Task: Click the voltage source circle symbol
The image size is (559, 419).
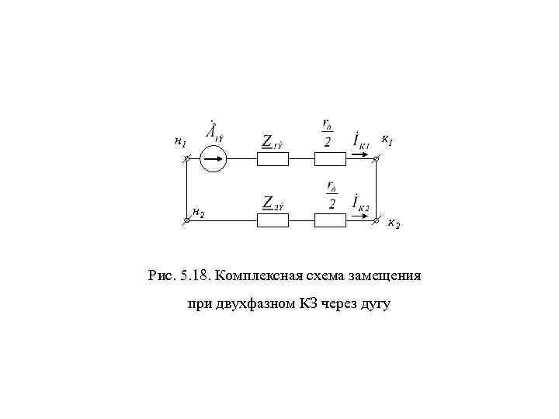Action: [x=212, y=160]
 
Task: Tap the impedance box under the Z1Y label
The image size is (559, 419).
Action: [x=273, y=159]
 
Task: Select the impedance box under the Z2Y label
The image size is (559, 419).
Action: [x=273, y=220]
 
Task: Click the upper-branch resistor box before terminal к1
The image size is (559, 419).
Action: [x=330, y=159]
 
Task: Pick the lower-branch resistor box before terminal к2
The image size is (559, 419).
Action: [x=330, y=220]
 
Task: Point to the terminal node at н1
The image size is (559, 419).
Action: [x=187, y=160]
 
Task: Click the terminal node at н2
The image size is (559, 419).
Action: [x=187, y=221]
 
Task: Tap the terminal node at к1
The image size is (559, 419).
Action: [x=377, y=160]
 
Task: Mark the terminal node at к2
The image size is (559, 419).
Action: [x=377, y=221]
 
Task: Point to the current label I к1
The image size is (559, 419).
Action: [x=361, y=140]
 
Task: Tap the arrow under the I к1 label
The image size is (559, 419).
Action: [x=361, y=154]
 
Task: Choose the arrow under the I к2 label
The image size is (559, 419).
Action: [x=361, y=215]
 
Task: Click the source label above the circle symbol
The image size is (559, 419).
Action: [x=214, y=132]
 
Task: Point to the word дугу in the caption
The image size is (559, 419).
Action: [x=375, y=304]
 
